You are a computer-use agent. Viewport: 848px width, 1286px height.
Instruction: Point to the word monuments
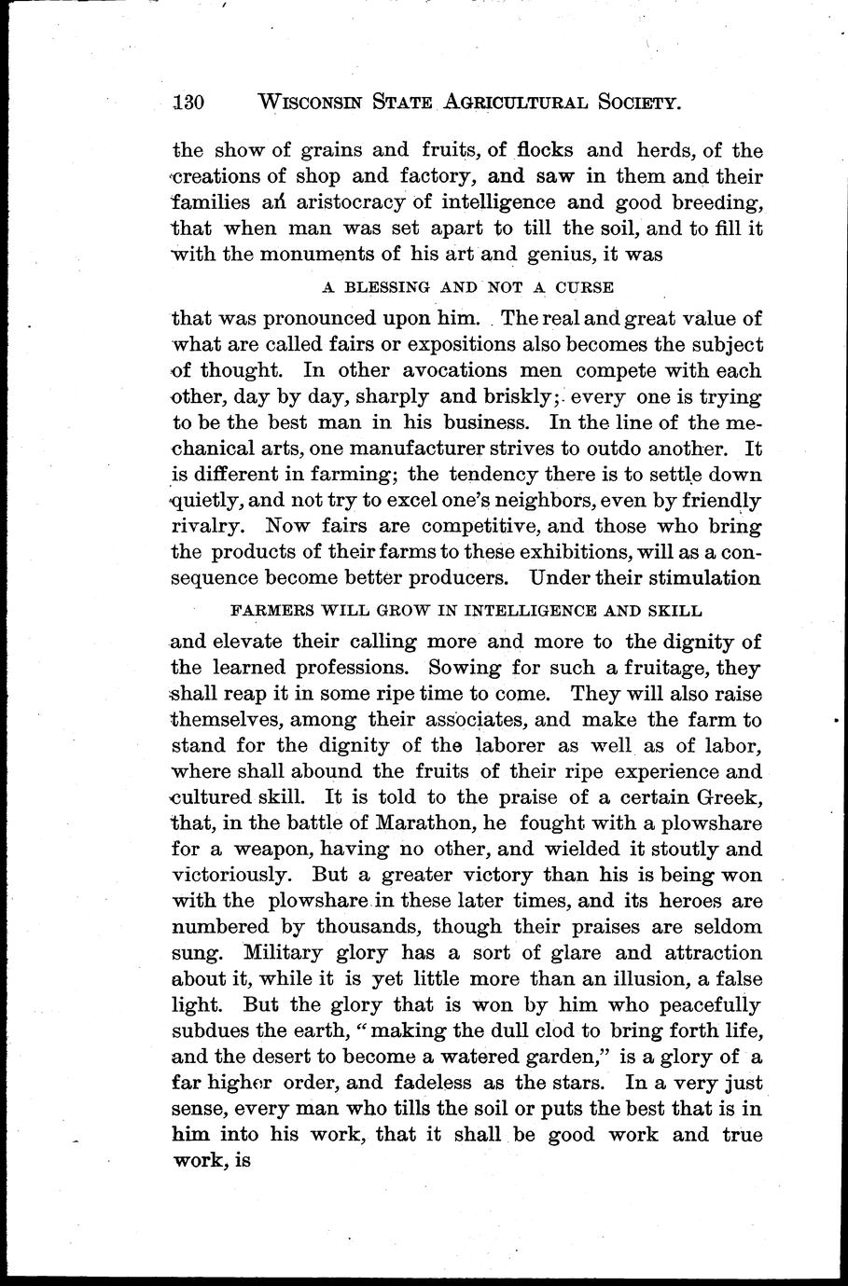[306, 254]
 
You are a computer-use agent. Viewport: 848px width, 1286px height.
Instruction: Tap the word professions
[327, 669]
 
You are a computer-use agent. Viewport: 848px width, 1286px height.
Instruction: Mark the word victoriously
[229, 876]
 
